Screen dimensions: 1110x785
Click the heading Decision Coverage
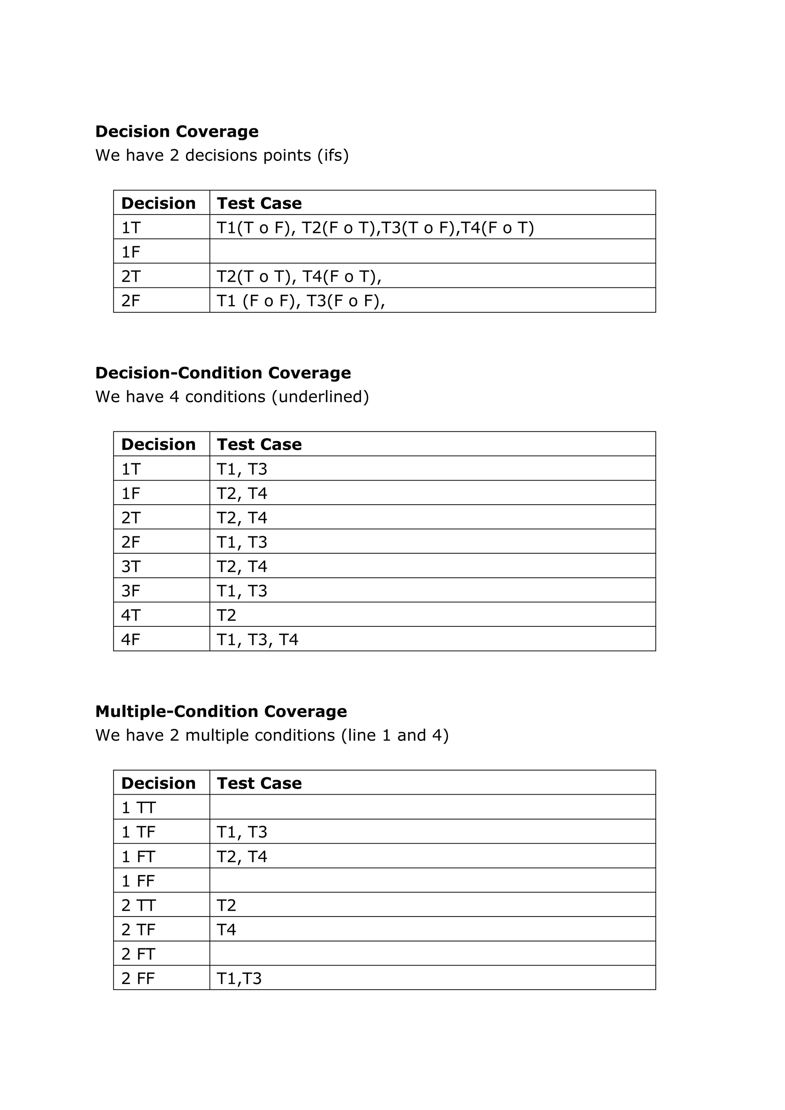pyautogui.click(x=177, y=131)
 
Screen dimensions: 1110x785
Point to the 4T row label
pyautogui.click(x=131, y=615)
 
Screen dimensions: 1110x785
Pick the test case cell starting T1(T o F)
pyautogui.click(x=375, y=228)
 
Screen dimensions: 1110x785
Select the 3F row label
pyautogui.click(x=131, y=591)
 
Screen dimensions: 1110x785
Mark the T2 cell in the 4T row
pyautogui.click(x=227, y=615)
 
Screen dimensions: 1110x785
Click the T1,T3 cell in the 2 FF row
pyautogui.click(x=239, y=979)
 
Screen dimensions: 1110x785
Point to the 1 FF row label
pyautogui.click(x=138, y=881)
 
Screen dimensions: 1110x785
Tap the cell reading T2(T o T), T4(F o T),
pyautogui.click(x=299, y=277)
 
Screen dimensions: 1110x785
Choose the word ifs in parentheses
pyautogui.click(x=333, y=156)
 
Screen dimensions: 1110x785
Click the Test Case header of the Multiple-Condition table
pyautogui.click(x=259, y=783)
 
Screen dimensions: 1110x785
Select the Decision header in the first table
pyautogui.click(x=158, y=203)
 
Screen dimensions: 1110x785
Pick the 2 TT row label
pyautogui.click(x=138, y=905)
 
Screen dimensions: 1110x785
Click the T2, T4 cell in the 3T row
pyautogui.click(x=242, y=566)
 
